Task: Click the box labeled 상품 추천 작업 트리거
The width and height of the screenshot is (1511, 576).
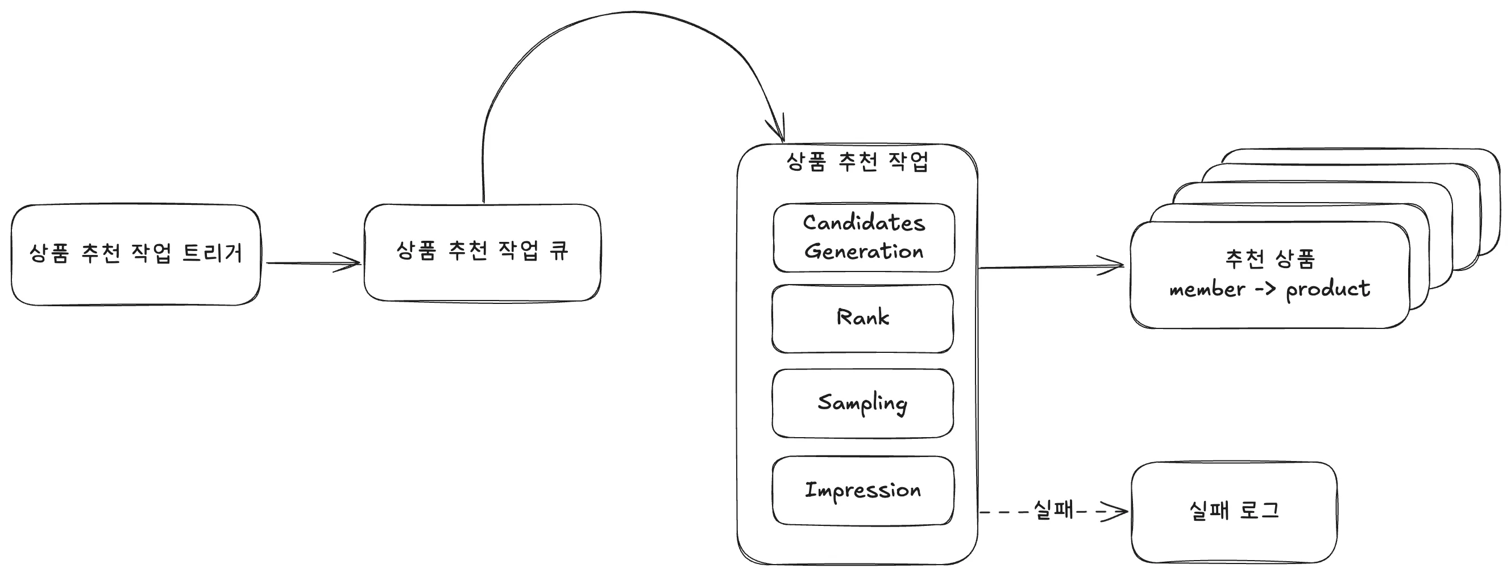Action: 135,255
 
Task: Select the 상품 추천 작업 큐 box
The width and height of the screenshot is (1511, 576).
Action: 482,253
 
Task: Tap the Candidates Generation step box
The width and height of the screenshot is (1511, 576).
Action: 864,238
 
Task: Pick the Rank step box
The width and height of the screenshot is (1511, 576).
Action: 862,319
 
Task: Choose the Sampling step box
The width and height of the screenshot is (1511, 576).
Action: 862,404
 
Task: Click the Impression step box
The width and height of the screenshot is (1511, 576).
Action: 863,491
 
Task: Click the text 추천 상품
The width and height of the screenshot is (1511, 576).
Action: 1270,259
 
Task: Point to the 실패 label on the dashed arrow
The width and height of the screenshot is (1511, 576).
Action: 1053,509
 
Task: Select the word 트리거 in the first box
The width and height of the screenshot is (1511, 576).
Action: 213,253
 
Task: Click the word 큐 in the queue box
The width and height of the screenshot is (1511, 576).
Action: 558,250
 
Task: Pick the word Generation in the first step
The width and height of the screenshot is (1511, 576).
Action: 864,252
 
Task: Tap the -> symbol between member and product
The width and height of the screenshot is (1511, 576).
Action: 1265,289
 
